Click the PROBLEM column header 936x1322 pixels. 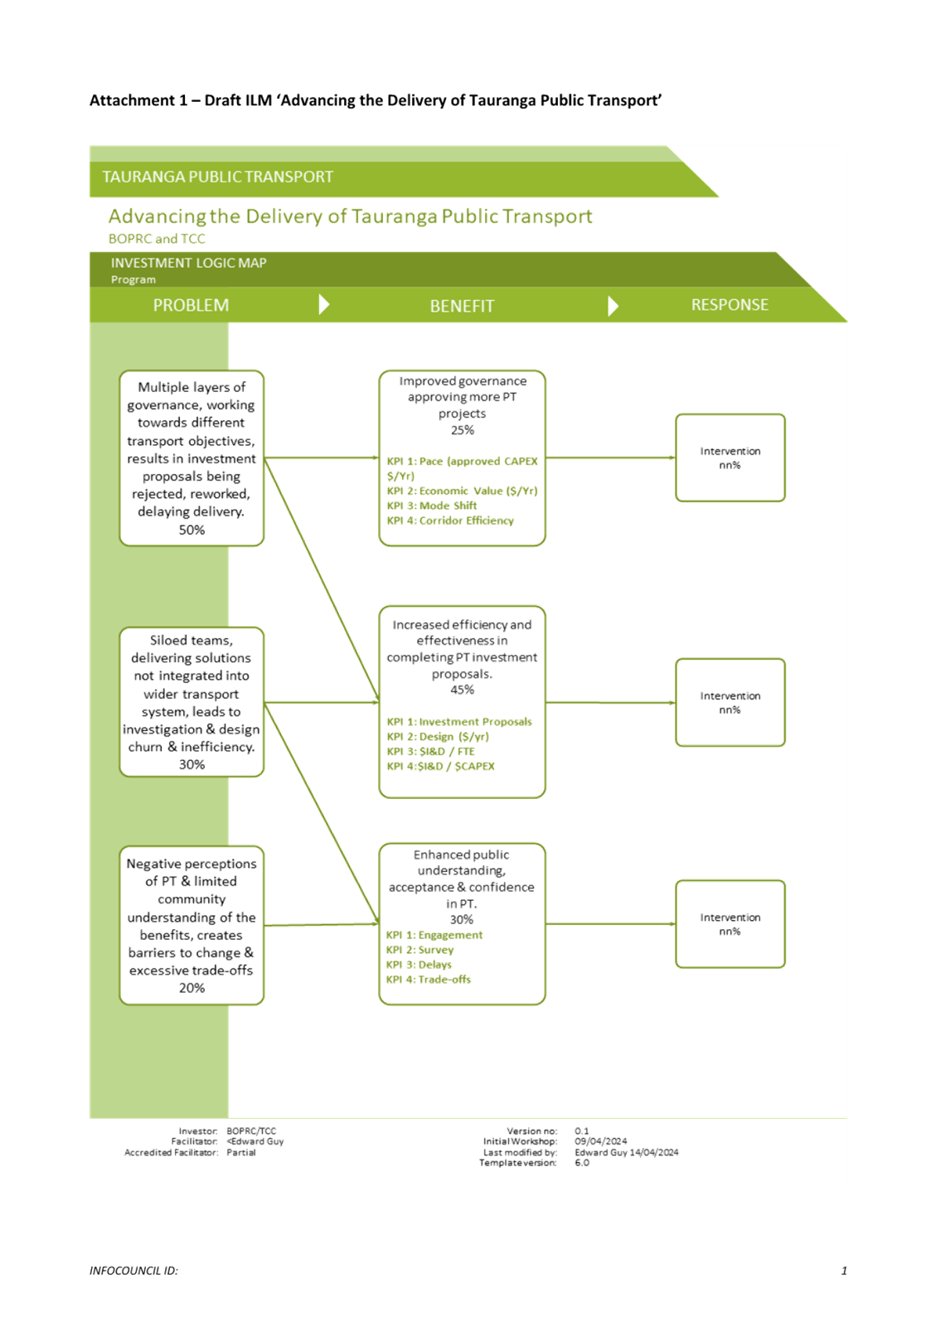click(x=191, y=305)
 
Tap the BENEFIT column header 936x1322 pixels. click(x=462, y=306)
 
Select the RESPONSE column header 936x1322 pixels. click(x=730, y=304)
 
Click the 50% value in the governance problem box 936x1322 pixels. click(x=192, y=530)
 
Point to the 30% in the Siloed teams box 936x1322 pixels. click(x=192, y=764)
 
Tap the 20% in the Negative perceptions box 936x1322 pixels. click(x=192, y=987)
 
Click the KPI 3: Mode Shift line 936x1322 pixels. click(x=432, y=506)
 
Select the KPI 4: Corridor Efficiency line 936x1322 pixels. click(x=450, y=520)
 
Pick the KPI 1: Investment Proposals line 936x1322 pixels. click(x=459, y=721)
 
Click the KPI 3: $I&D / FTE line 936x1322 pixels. click(x=431, y=751)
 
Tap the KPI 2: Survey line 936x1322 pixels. click(x=420, y=950)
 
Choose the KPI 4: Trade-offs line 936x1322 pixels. click(x=429, y=979)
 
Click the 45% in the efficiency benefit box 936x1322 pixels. click(x=462, y=690)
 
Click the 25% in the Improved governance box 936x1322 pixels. click(x=462, y=429)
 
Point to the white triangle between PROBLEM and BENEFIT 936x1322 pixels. click(x=323, y=304)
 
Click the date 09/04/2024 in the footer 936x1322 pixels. click(x=601, y=1140)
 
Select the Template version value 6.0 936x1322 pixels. click(x=582, y=1162)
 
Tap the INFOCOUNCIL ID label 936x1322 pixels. click(x=133, y=1270)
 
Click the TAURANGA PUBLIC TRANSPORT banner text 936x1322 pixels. click(x=218, y=177)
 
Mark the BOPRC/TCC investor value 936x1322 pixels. click(x=251, y=1131)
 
